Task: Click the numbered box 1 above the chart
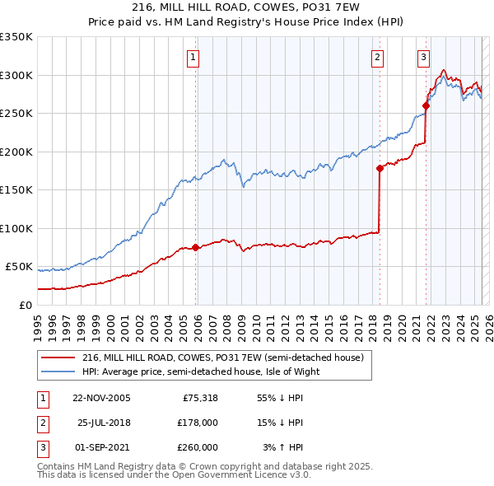click(x=193, y=58)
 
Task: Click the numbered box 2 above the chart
click(x=376, y=58)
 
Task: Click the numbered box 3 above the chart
click(x=422, y=58)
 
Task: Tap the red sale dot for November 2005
click(x=195, y=247)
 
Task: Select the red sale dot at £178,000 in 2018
click(x=380, y=169)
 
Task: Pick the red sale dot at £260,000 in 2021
click(x=426, y=105)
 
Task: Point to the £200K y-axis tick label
click(x=16, y=152)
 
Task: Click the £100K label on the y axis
click(x=16, y=229)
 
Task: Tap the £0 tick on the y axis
click(x=26, y=306)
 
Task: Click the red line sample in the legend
click(x=59, y=357)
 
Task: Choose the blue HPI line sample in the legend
click(x=59, y=372)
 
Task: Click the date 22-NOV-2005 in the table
click(x=101, y=399)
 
